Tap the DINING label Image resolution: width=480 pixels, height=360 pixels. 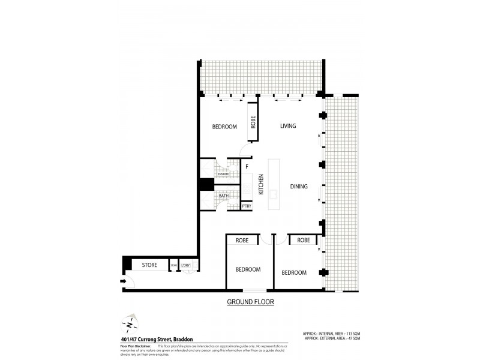click(x=298, y=187)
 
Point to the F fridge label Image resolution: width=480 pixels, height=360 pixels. click(x=246, y=167)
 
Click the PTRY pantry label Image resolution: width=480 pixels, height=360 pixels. click(x=246, y=206)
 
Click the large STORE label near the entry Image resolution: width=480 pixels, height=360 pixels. click(x=149, y=265)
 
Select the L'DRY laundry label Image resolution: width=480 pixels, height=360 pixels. click(x=185, y=265)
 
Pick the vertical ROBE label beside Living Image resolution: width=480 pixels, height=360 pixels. click(x=253, y=122)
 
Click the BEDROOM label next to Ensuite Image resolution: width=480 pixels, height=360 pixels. click(x=225, y=127)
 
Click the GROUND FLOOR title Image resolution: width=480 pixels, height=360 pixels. click(x=250, y=302)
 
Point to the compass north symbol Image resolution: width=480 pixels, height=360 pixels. click(x=129, y=325)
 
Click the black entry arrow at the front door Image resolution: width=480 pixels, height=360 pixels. click(x=124, y=281)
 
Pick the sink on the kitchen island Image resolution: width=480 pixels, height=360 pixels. click(x=274, y=194)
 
